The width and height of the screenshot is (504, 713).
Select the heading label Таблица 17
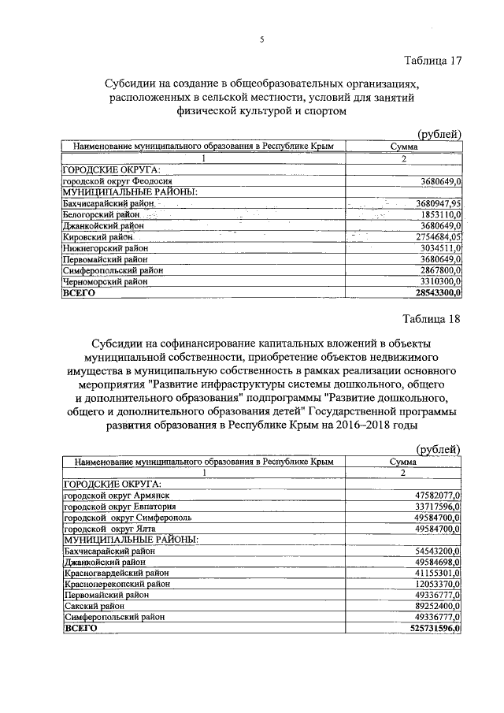(x=432, y=61)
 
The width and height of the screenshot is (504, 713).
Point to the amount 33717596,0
(x=433, y=506)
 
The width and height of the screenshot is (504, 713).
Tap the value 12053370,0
(x=433, y=584)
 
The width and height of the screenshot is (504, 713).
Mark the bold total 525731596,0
(x=429, y=629)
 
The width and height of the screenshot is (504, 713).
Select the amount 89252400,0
(x=433, y=606)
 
